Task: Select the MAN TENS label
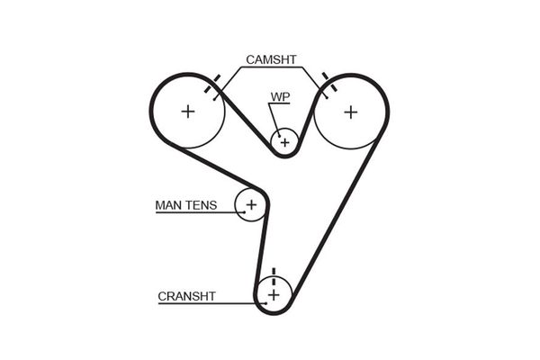coord(185,205)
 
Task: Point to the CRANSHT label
coord(186,295)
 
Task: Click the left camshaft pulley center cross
coord(187,112)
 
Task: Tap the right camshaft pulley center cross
coord(349,112)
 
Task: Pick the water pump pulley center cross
coord(284,141)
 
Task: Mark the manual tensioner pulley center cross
coord(251,205)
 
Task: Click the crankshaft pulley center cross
coord(274,294)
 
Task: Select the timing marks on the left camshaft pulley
coord(212,86)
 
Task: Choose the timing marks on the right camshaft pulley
coord(326,86)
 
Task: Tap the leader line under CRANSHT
coord(207,303)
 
